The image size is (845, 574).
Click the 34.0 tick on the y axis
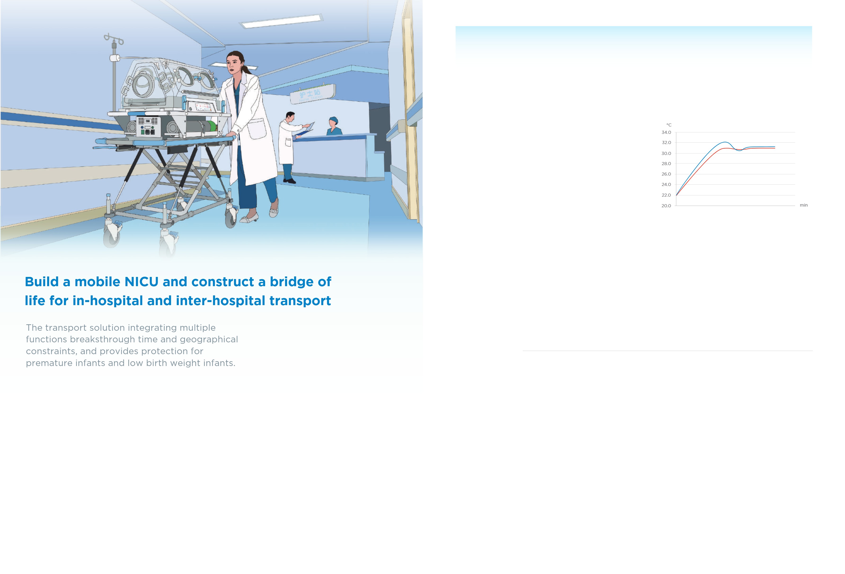pos(666,132)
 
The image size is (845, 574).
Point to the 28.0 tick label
pos(666,164)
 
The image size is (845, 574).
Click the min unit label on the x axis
pos(804,205)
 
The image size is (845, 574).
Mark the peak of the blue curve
pos(725,142)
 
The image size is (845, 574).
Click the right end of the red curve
pos(775,148)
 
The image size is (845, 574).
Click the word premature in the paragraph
pos(48,363)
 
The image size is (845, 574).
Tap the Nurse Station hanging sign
pos(313,94)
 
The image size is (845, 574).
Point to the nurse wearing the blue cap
pos(334,126)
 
